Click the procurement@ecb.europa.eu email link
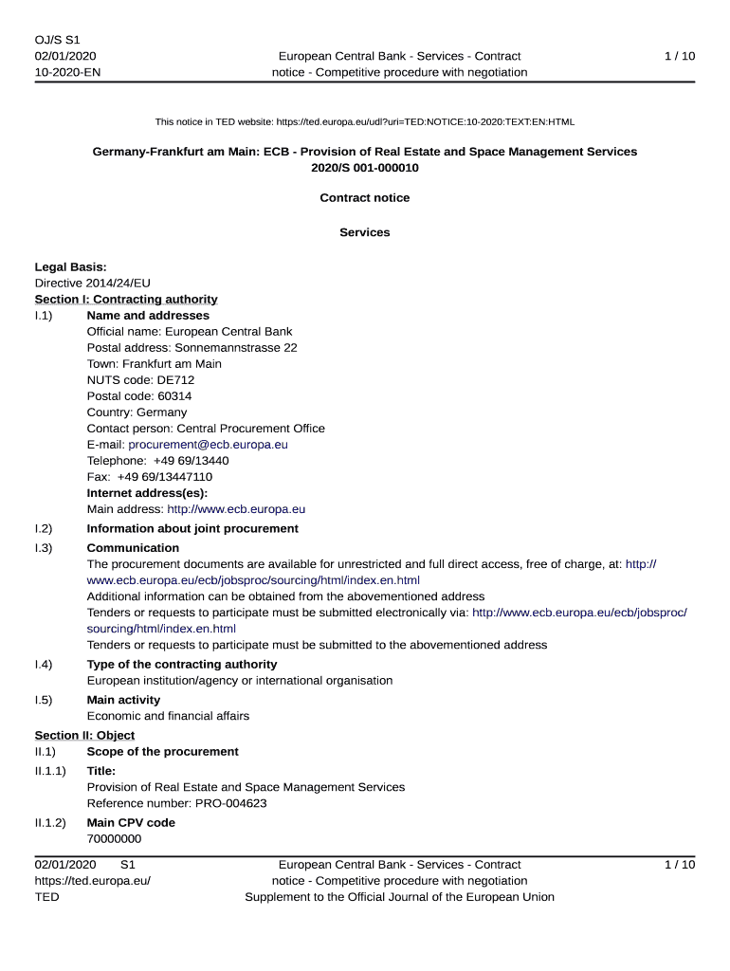208,444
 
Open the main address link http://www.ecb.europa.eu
236,509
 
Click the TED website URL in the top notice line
425,122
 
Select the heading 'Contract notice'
365,198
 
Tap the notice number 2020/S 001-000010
365,168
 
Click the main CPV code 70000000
115,839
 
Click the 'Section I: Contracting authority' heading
126,300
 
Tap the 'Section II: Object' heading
84,736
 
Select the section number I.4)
44,665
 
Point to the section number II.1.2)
50,823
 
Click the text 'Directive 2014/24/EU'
93,283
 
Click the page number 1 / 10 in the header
680,57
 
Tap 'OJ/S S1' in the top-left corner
58,40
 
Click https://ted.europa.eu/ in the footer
93,881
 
